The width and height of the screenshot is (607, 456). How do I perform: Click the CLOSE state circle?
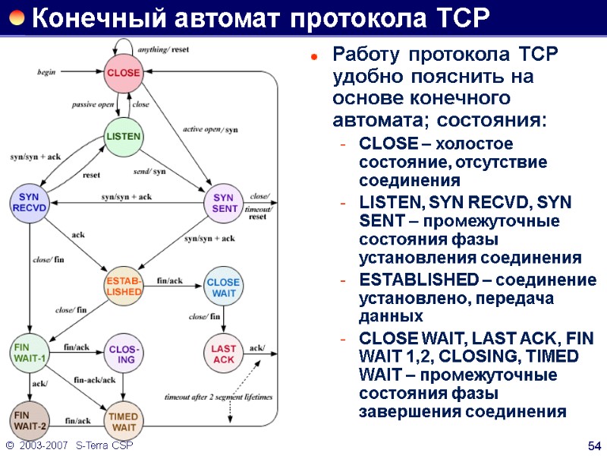123,73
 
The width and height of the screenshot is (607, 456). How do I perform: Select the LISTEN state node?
123,137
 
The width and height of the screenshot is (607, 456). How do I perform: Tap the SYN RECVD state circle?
29,203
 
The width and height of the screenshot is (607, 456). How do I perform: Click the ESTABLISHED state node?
123,285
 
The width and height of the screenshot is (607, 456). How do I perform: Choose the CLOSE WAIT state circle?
223,286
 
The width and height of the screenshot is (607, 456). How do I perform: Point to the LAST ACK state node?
223,353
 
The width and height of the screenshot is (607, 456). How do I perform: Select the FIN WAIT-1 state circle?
29,353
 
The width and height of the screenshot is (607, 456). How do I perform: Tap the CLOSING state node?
123,353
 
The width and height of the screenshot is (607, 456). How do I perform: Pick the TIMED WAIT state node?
123,420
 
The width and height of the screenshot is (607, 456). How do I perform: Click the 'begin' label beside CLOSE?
47,72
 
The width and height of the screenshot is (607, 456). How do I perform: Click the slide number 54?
594,444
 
